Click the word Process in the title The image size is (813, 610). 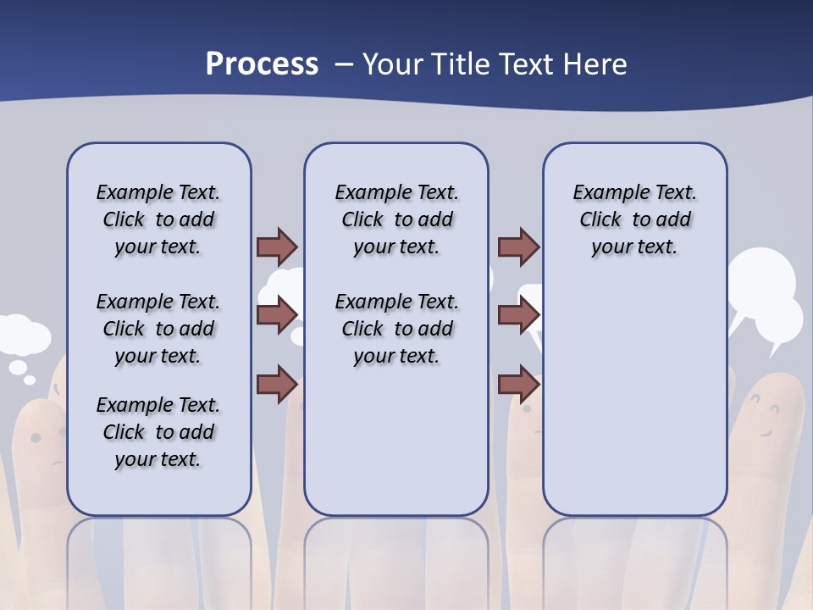262,64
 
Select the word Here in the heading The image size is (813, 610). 595,64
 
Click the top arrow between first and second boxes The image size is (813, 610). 277,247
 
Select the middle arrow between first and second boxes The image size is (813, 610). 277,315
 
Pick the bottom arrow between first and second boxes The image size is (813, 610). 277,384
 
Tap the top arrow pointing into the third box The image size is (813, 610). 518,247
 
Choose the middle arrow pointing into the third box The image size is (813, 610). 518,315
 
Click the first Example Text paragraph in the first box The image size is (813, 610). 158,219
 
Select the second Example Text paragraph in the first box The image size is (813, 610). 158,329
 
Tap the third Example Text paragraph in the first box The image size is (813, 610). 158,432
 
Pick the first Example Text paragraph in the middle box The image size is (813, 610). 396,219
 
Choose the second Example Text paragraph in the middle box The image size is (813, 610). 396,329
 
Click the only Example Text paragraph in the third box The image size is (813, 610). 634,219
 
